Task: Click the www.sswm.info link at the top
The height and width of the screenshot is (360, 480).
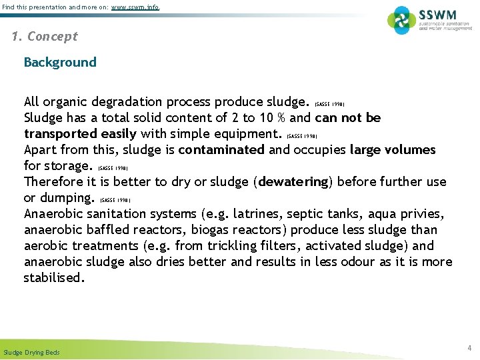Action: pos(135,7)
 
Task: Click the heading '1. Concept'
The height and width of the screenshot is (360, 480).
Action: pos(45,37)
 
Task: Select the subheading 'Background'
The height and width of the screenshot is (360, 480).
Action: pos(60,63)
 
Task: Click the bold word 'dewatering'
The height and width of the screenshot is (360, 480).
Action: pos(294,181)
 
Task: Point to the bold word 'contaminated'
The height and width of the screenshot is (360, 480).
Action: pos(221,149)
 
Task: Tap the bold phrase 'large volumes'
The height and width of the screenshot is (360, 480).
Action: pos(393,149)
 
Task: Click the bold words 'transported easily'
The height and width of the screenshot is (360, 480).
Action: pos(80,133)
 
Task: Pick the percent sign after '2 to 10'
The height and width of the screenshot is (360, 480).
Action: pos(281,118)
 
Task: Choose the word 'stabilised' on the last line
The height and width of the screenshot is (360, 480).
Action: pos(53,278)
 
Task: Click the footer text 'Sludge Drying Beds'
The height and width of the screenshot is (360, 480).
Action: pos(31,352)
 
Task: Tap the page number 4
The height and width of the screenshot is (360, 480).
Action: pos(469,348)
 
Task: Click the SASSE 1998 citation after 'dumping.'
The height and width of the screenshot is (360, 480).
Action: pos(115,200)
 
